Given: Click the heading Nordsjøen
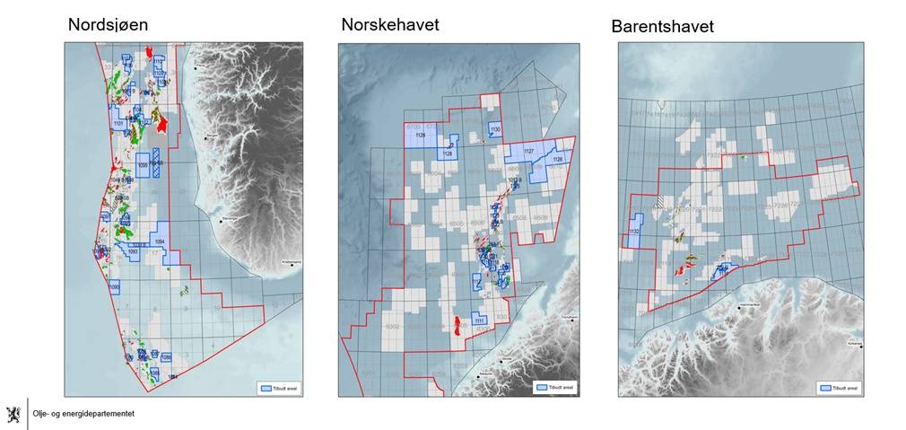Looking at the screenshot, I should [109, 25].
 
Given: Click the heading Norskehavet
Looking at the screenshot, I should [389, 25].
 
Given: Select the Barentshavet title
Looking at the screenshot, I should [662, 27].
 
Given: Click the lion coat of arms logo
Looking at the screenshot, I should [13, 414].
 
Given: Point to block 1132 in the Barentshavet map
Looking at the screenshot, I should [634, 232].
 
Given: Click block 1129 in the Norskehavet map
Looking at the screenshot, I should [421, 136].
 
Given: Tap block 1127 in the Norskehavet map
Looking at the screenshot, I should [528, 153].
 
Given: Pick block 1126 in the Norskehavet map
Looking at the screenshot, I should [557, 160].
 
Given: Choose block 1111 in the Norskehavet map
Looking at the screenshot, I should [480, 320].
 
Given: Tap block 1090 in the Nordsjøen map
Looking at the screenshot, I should [114, 286].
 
